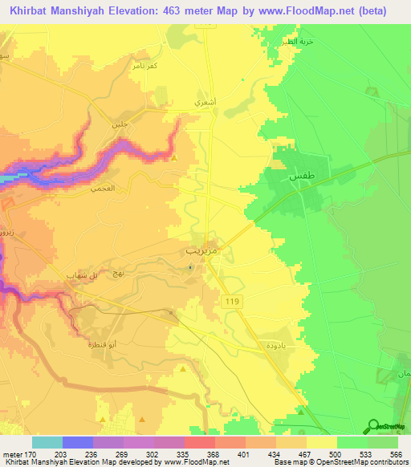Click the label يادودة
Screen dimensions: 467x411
[271, 344]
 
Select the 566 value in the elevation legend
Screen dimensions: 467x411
[393, 453]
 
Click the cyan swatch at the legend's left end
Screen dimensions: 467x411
[47, 442]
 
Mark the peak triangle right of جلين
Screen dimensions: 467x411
[175, 156]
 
